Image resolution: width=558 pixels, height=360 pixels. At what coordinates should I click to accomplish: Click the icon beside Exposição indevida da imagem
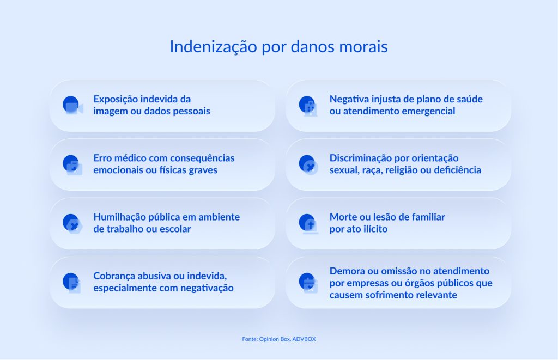click(72, 106)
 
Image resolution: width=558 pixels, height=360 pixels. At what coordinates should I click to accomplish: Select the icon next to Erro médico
click(72, 164)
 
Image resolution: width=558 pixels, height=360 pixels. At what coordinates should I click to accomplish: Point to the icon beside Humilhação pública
click(72, 223)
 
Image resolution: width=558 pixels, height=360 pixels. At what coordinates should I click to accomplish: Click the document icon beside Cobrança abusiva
click(72, 282)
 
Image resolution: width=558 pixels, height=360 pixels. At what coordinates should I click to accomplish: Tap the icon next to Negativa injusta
click(308, 106)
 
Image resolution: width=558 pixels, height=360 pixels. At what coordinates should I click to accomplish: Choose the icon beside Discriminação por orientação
click(308, 164)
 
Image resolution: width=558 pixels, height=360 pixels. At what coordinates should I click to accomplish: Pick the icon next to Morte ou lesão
click(308, 223)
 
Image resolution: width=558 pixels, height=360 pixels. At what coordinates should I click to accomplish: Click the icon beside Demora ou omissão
click(308, 282)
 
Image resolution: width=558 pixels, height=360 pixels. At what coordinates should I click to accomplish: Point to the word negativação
click(207, 288)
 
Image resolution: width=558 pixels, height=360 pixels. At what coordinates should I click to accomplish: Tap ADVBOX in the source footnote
click(304, 339)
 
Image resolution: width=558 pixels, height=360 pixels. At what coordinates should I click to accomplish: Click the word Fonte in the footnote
click(250, 339)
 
